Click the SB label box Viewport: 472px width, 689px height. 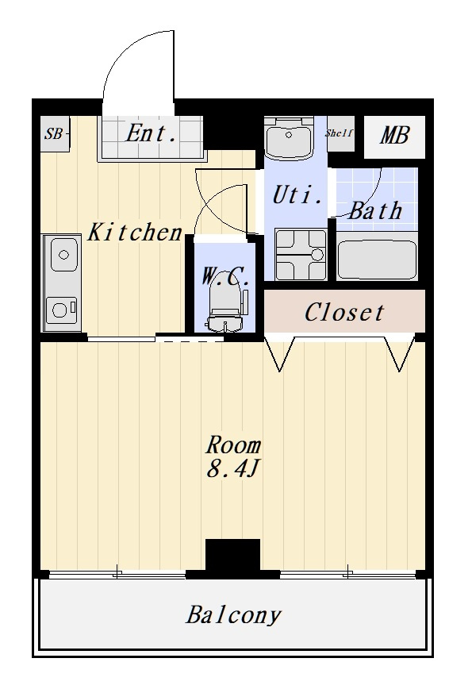click(x=55, y=133)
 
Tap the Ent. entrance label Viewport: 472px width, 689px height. click(x=152, y=133)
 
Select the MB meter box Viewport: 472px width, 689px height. click(x=394, y=137)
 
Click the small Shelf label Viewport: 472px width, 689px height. click(x=340, y=133)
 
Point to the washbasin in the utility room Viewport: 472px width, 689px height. click(x=289, y=137)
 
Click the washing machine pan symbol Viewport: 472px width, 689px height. click(x=301, y=254)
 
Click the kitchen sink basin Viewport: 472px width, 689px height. click(x=63, y=254)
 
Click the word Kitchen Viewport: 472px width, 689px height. click(x=135, y=232)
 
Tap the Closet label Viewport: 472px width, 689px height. click(x=344, y=313)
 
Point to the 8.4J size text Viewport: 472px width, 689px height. click(x=232, y=470)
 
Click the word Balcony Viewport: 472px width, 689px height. click(x=232, y=615)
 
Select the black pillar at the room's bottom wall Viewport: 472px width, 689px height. click(x=232, y=555)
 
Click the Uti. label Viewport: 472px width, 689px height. click(x=297, y=195)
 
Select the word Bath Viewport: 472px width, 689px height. click(x=375, y=211)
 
